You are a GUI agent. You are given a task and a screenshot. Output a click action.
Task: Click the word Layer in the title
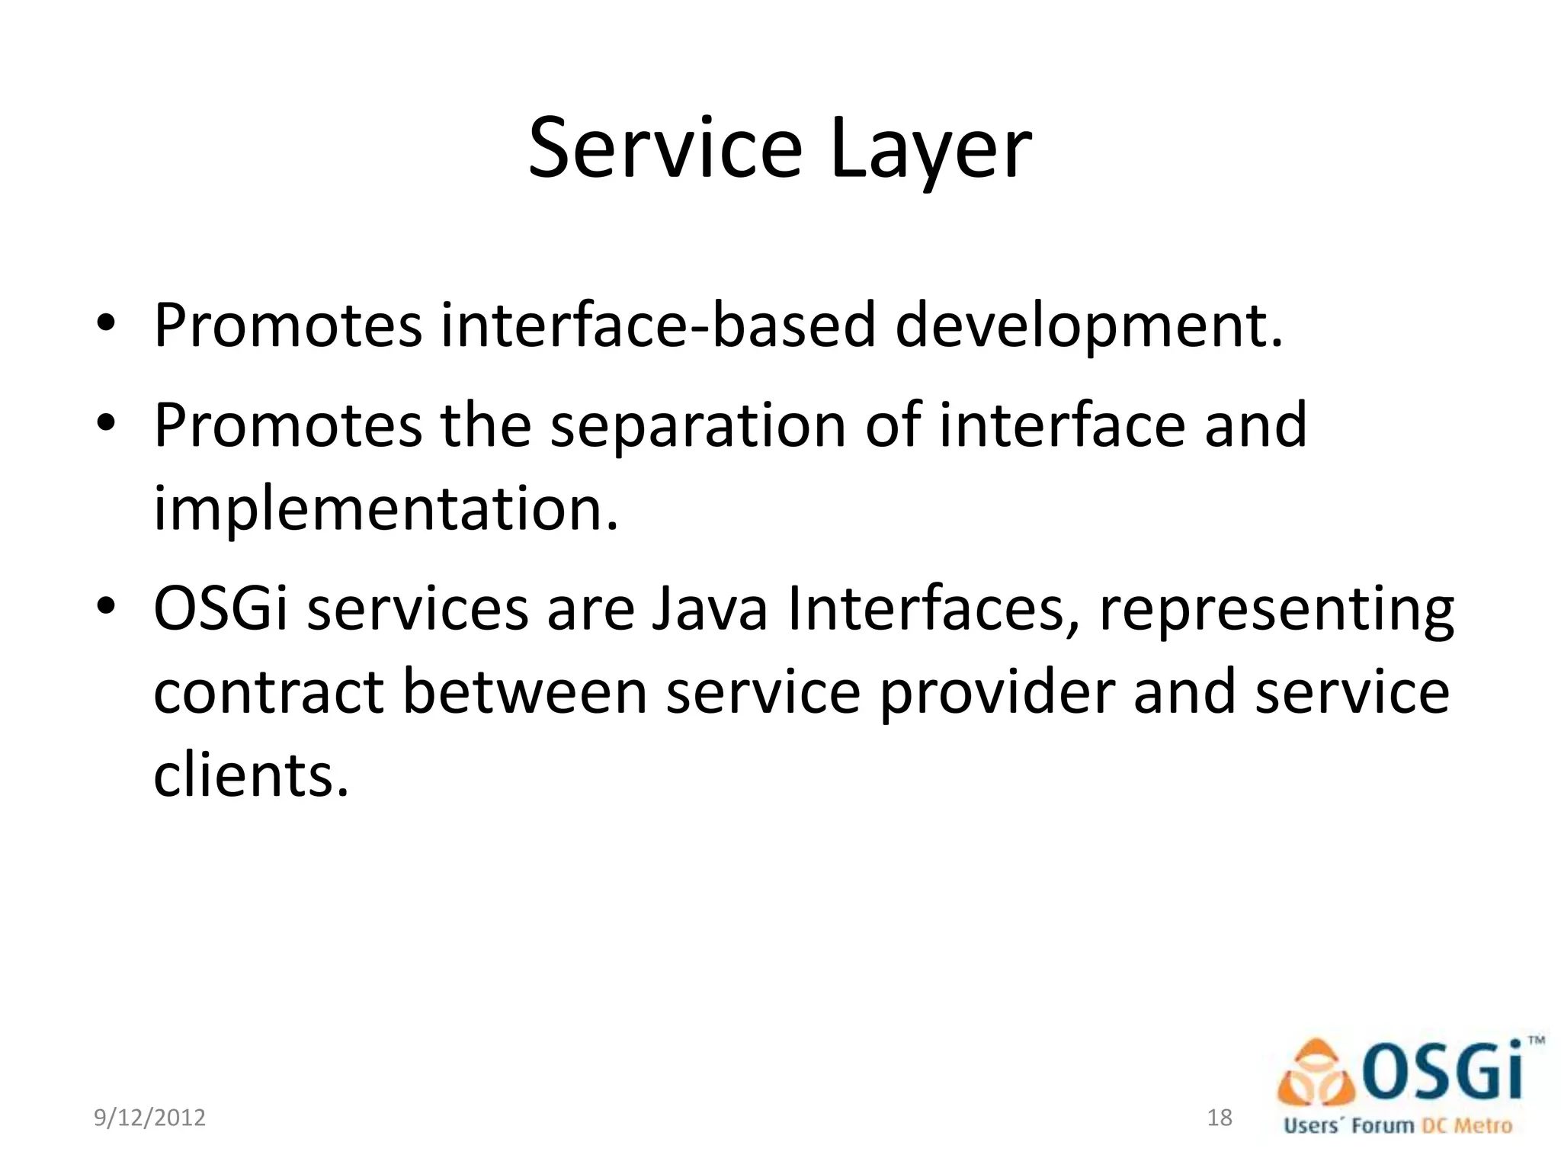click(x=931, y=150)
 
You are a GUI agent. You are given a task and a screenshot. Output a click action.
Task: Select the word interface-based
click(x=658, y=326)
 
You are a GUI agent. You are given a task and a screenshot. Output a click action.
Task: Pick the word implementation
click(x=385, y=509)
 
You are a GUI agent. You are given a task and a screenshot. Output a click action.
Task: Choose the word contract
click(x=268, y=692)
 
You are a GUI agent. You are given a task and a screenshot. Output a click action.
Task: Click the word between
click(x=524, y=692)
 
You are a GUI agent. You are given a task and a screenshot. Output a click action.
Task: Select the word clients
click(x=250, y=775)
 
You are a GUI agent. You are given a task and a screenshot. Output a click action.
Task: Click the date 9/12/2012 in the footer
click(x=149, y=1118)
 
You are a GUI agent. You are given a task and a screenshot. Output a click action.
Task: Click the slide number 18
click(x=1220, y=1118)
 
